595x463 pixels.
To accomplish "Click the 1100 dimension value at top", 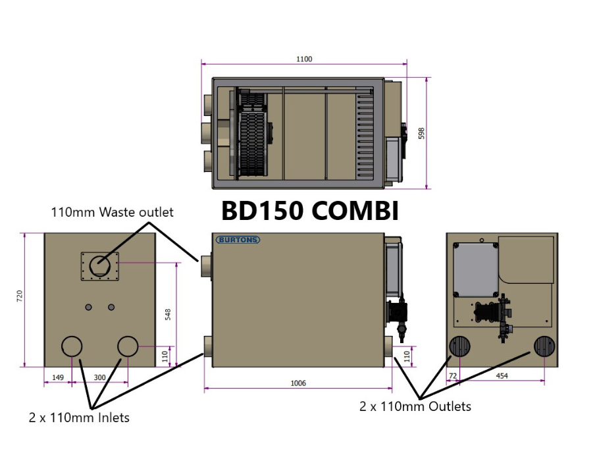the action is coord(303,59).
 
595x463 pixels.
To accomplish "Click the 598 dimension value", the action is coord(422,134).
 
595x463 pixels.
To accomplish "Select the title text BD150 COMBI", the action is coord(310,211).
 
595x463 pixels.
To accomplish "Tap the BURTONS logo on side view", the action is coord(238,240).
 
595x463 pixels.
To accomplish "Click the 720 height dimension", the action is coord(20,298).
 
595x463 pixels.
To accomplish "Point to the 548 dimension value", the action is coord(168,314).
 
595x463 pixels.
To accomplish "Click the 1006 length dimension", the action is coord(298,383).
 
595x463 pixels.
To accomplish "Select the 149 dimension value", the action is coord(57,377).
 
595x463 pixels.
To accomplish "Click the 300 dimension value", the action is coord(99,377).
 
